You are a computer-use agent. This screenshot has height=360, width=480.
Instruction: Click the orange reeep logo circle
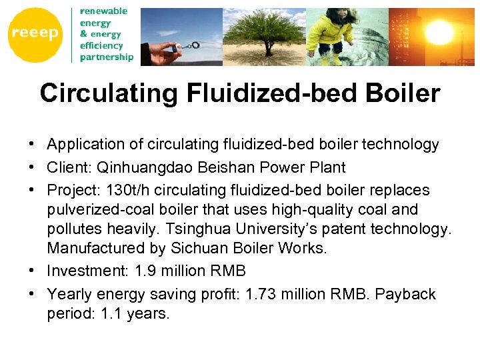pyautogui.click(x=35, y=35)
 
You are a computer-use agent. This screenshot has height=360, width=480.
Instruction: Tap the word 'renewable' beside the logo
pyautogui.click(x=103, y=11)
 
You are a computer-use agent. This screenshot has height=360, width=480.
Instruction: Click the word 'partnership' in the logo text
pyautogui.click(x=107, y=57)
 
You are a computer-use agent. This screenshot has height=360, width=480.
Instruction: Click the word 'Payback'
pyautogui.click(x=405, y=294)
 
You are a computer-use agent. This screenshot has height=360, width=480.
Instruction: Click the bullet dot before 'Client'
pyautogui.click(x=32, y=167)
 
